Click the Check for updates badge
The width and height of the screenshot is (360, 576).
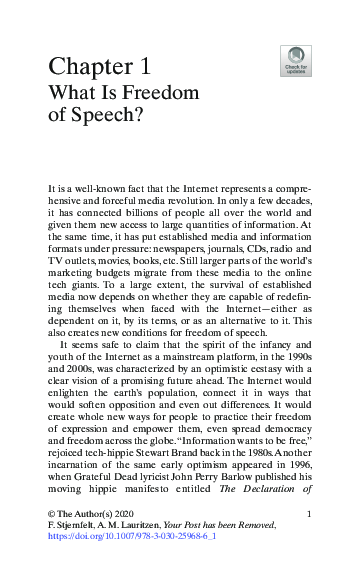[x=297, y=61]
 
